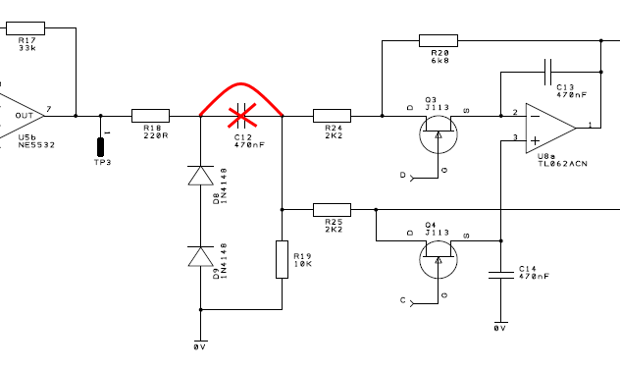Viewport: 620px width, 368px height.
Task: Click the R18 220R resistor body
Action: coord(150,116)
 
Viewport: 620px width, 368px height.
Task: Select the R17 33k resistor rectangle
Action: coord(26,28)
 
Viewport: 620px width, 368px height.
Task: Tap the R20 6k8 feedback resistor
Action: coord(439,41)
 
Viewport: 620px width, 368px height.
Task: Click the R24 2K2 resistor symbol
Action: coord(332,116)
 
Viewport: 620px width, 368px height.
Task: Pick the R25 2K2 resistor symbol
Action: coord(332,210)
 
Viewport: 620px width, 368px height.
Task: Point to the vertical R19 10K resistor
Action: coord(282,259)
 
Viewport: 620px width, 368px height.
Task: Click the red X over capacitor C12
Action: coord(242,116)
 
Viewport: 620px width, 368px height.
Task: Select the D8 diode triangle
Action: coord(200,176)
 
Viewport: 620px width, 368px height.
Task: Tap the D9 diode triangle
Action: coord(200,256)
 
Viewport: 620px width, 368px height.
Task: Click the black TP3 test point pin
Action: coord(100,147)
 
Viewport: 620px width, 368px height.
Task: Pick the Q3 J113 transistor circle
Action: coord(439,134)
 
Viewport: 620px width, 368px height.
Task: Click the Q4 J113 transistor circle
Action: coord(439,260)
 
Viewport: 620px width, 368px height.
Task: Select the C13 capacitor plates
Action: coord(547,72)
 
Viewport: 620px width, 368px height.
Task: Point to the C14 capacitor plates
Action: coord(501,275)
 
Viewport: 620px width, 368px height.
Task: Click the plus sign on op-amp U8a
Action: coord(535,140)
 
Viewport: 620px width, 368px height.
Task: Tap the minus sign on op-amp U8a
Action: coord(535,116)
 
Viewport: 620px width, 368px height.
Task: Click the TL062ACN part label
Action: coord(563,164)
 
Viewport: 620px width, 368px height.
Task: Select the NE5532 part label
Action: coord(36,145)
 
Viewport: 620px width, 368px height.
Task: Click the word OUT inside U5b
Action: coord(25,116)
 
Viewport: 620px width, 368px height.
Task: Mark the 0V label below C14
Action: coord(500,328)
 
